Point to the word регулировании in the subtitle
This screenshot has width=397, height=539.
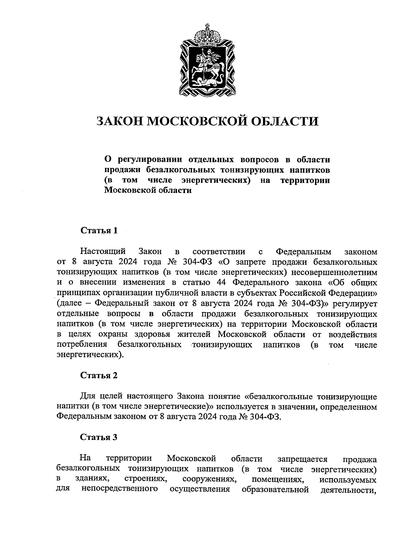(x=150, y=159)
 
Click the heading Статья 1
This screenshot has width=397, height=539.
(x=99, y=230)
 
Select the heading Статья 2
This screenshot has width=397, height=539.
(x=99, y=375)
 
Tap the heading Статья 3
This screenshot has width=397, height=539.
(x=99, y=437)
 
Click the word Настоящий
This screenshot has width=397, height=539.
(x=103, y=251)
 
